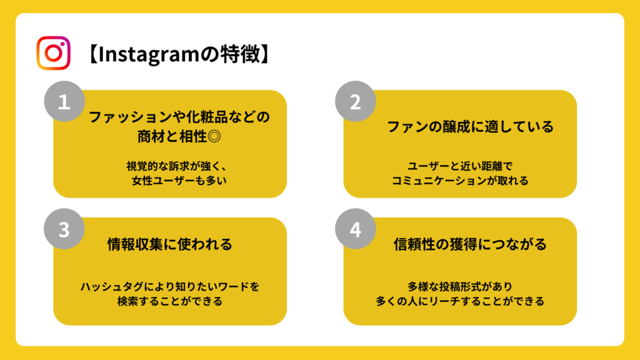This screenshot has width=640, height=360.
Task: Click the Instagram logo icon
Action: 54,53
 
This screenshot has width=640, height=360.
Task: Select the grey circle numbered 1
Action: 64,101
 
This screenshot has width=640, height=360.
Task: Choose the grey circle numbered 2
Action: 356,101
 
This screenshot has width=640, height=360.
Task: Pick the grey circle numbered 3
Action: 64,229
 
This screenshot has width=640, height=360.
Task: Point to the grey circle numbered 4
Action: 356,229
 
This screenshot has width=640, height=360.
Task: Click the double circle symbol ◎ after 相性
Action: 214,136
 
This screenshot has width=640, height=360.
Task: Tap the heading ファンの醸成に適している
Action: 470,126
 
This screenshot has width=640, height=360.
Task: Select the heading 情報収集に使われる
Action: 170,244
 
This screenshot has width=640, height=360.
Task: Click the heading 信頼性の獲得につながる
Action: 470,244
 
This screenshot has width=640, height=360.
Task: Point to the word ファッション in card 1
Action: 131,117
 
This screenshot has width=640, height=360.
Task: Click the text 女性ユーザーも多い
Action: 179,181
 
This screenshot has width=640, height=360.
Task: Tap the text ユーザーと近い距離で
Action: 460,166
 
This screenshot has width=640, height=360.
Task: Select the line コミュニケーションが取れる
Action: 460,181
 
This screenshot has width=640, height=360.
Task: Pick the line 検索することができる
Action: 170,301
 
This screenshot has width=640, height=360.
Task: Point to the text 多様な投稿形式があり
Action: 460,286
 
